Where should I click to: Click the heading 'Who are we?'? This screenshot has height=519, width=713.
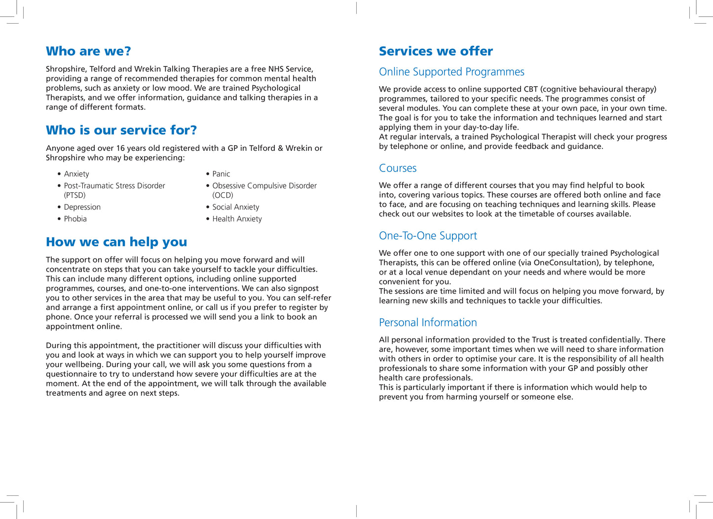pos(88,51)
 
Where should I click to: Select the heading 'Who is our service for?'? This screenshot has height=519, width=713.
pos(121,130)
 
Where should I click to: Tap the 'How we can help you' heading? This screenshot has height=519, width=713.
pos(116,242)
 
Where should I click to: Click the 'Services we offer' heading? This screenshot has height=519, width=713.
pos(436,51)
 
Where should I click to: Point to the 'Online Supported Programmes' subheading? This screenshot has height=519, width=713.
pos(451,72)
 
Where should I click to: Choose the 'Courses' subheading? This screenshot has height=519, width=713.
pos(398,168)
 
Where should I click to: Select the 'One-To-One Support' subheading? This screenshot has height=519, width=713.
pos(428,236)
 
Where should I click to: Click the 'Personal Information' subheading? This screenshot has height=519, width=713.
pos(428,322)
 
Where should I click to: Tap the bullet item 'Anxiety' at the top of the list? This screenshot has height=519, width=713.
pos(76,174)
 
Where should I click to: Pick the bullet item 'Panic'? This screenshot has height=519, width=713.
pos(221,174)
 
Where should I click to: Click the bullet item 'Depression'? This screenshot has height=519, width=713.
pos(82,207)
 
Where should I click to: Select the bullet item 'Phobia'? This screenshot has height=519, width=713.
pos(75,219)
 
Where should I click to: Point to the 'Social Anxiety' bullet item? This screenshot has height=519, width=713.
pos(236,207)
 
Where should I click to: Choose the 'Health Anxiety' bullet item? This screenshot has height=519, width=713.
pos(237,219)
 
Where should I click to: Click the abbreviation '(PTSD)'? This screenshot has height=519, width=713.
pos(75,195)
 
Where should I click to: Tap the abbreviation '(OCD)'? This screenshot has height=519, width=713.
pos(223,195)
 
